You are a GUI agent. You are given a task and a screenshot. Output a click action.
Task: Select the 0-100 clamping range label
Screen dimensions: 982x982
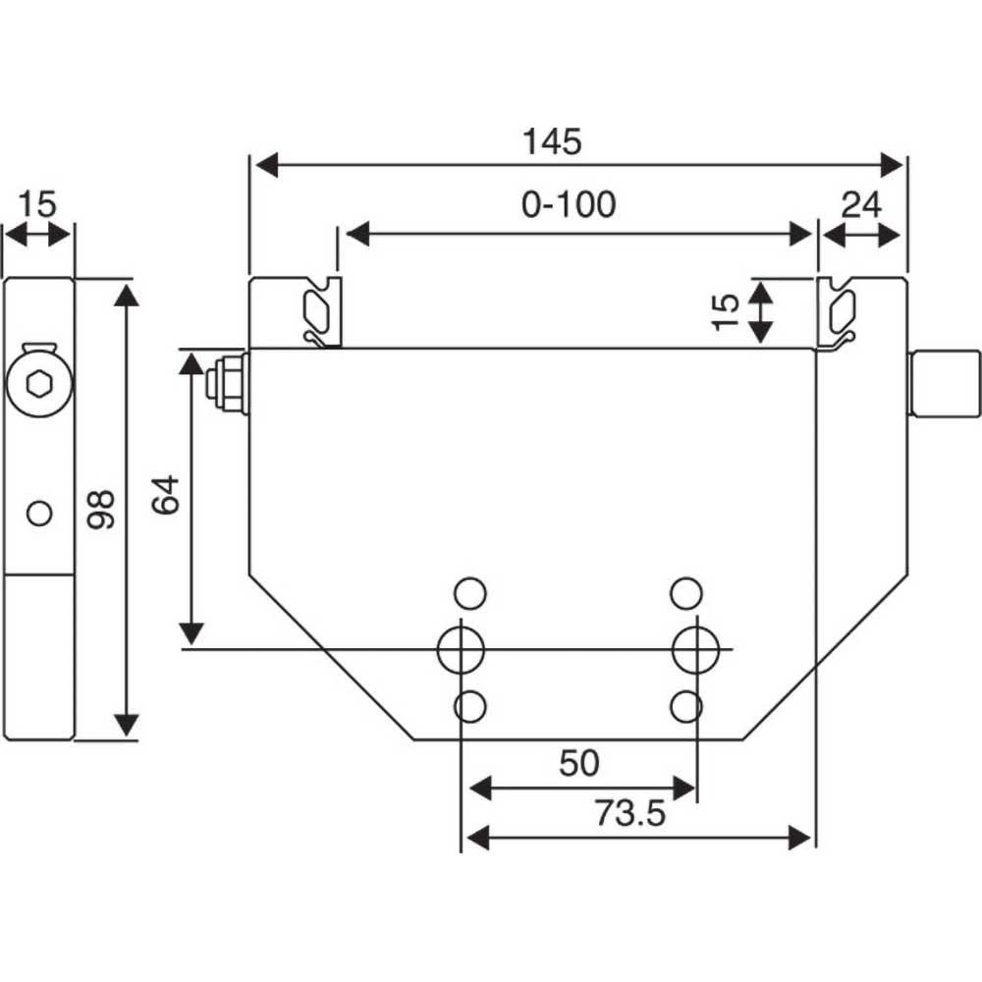coord(569,204)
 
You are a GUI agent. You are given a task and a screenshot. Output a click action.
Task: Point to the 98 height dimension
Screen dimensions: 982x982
coord(101,509)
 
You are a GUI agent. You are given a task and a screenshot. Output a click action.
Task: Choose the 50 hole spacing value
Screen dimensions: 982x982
coord(578,762)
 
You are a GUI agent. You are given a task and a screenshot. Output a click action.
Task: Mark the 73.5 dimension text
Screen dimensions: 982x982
coord(630,813)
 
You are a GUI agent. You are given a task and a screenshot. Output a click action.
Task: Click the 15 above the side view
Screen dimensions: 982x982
coord(37,205)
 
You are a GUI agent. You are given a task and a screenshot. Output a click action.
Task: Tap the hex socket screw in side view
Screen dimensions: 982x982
coord(39,382)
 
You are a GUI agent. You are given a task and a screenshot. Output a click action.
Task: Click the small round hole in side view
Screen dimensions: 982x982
coord(39,513)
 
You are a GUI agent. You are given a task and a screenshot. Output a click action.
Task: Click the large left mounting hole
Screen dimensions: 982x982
coord(460,648)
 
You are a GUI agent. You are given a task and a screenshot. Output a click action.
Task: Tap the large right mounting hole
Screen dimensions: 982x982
coord(695,648)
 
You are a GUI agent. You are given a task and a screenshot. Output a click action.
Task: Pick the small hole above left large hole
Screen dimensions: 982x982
coord(470,592)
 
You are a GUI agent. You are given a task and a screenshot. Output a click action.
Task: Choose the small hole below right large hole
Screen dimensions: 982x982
coord(685,705)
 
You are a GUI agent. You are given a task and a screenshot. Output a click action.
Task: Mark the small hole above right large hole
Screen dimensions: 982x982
coord(685,592)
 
